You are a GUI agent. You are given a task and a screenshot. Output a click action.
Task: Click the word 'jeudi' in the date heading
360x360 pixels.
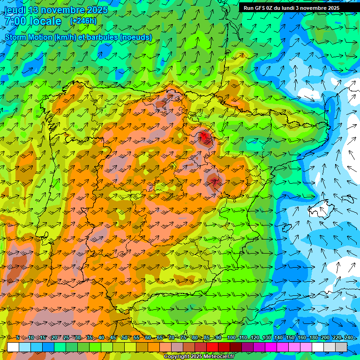tap(15, 10)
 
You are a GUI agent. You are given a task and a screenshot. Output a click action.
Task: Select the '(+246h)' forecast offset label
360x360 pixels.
tap(83, 21)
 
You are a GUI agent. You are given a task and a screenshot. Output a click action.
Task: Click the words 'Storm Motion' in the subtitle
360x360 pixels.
tap(28, 37)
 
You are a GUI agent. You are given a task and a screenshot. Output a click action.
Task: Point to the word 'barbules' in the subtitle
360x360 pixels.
tap(102, 37)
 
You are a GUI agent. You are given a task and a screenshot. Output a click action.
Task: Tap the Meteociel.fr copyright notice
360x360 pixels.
tap(198, 356)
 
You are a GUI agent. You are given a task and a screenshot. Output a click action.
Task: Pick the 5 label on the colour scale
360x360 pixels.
tap(18, 338)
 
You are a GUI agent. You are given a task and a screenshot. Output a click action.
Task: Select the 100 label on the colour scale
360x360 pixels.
tap(231, 338)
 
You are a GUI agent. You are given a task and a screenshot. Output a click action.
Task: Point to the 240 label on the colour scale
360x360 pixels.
tap(348, 338)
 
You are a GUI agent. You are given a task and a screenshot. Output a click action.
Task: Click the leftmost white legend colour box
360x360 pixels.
tap(13, 347)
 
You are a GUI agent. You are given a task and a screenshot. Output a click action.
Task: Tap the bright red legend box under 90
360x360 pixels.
tap(212, 347)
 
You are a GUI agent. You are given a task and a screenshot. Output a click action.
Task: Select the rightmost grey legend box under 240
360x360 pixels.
tap(341, 347)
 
